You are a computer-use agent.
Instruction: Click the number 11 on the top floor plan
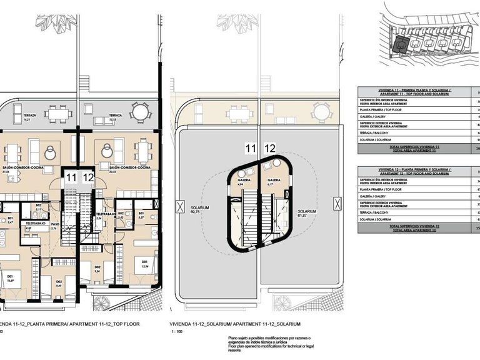pyautogui.click(x=71, y=178)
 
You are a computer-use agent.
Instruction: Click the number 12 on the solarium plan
pyautogui.click(x=270, y=148)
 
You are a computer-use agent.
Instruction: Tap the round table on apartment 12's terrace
pyautogui.click(x=140, y=113)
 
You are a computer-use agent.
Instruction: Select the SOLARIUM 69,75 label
pyautogui.click(x=201, y=210)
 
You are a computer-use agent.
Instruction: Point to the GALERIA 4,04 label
pyautogui.click(x=244, y=182)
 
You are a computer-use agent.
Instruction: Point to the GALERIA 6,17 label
pyautogui.click(x=274, y=182)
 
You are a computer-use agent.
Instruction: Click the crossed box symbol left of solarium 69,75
pyautogui.click(x=181, y=206)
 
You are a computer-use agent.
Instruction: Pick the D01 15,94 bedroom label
pyautogui.click(x=144, y=263)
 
